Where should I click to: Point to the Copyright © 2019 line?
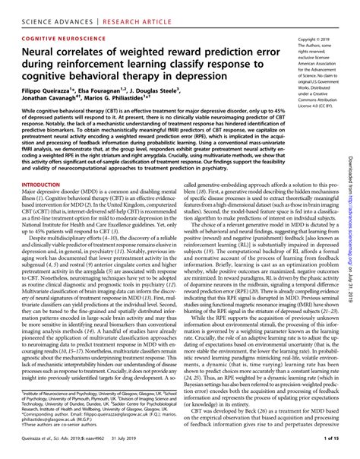[x=316, y=38]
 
